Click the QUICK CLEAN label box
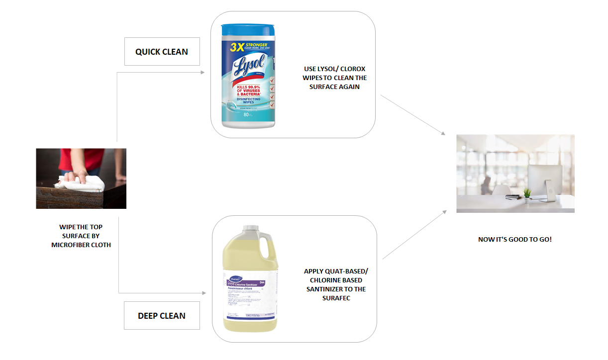pyautogui.click(x=162, y=51)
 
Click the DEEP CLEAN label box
pyautogui.click(x=162, y=315)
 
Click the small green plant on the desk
pyautogui.click(x=527, y=192)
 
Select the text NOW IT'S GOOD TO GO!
pyautogui.click(x=515, y=239)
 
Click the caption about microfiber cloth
pyautogui.click(x=81, y=236)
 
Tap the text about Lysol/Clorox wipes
pyautogui.click(x=334, y=78)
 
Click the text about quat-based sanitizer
pyautogui.click(x=336, y=284)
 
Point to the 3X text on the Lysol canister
pyautogui.click(x=236, y=47)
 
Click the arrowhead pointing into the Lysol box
pyautogui.click(x=202, y=73)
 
